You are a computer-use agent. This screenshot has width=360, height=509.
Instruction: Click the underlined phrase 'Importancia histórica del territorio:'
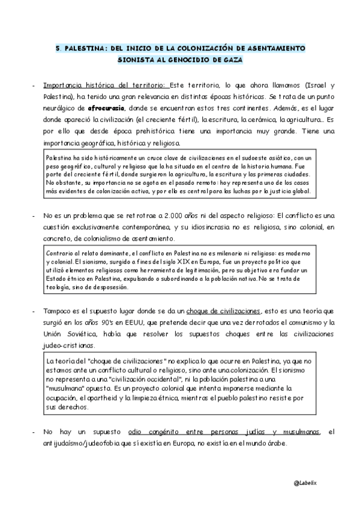tap(106, 85)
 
